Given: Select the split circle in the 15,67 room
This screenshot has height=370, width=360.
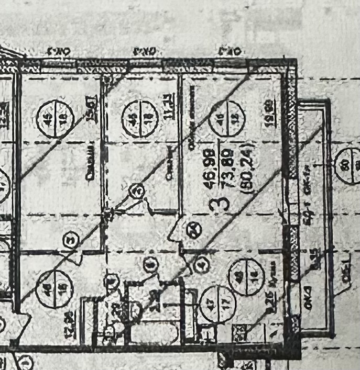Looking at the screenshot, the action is click(x=54, y=119).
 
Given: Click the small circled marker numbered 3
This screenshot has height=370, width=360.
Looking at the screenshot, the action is click(x=69, y=240).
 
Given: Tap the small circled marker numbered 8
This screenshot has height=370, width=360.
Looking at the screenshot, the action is click(x=151, y=265).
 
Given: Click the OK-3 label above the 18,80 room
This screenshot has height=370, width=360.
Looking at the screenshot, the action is click(x=230, y=51).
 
